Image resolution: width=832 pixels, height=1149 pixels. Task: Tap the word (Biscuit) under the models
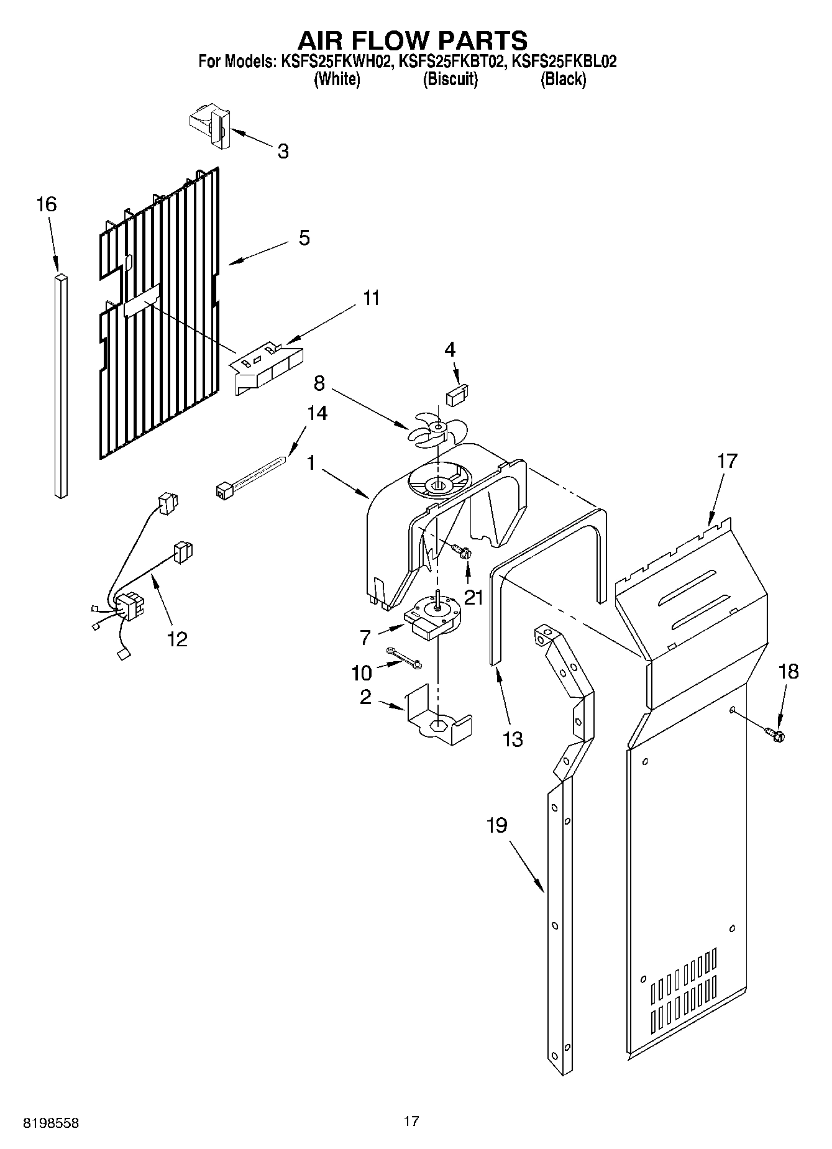pyautogui.click(x=450, y=79)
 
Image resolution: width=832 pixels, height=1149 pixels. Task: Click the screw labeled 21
pyautogui.click(x=462, y=551)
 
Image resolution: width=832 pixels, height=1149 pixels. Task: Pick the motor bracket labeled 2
pyautogui.click(x=437, y=715)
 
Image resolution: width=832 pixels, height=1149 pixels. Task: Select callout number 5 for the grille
pyautogui.click(x=304, y=238)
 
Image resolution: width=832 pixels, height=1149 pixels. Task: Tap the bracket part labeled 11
pyautogui.click(x=268, y=368)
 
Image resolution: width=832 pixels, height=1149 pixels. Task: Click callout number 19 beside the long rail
pyautogui.click(x=496, y=825)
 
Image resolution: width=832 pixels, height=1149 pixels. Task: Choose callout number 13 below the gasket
pyautogui.click(x=513, y=739)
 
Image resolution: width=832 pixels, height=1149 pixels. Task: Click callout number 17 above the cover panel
pyautogui.click(x=726, y=461)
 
